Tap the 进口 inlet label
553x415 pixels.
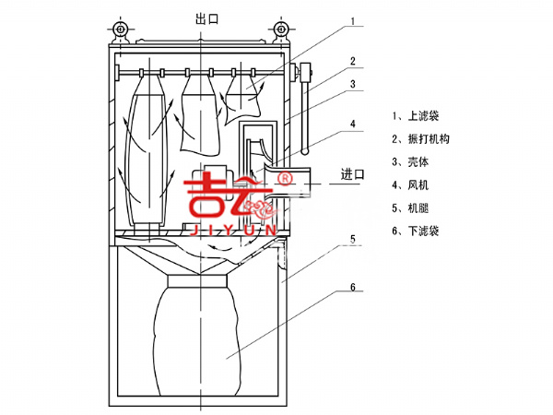[x=353, y=173]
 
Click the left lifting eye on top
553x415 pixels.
[x=120, y=30]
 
